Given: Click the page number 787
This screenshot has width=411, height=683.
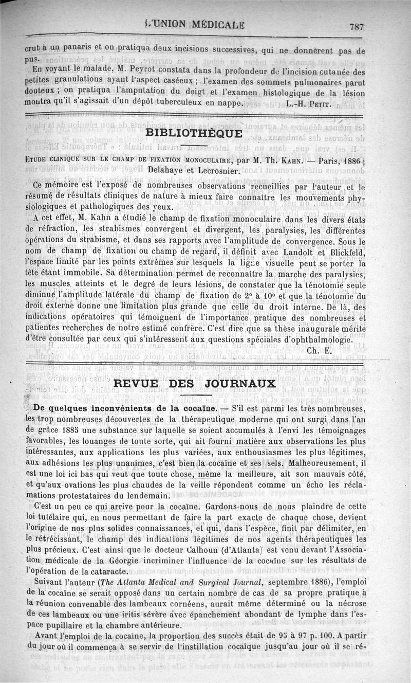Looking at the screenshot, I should pyautogui.click(x=356, y=27).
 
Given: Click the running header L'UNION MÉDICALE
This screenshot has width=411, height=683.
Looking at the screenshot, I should pyautogui.click(x=195, y=25).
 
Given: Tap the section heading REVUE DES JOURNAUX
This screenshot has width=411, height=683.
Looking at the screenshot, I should pyautogui.click(x=194, y=384).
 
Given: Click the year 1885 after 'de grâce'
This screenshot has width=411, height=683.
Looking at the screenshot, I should pyautogui.click(x=65, y=430).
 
